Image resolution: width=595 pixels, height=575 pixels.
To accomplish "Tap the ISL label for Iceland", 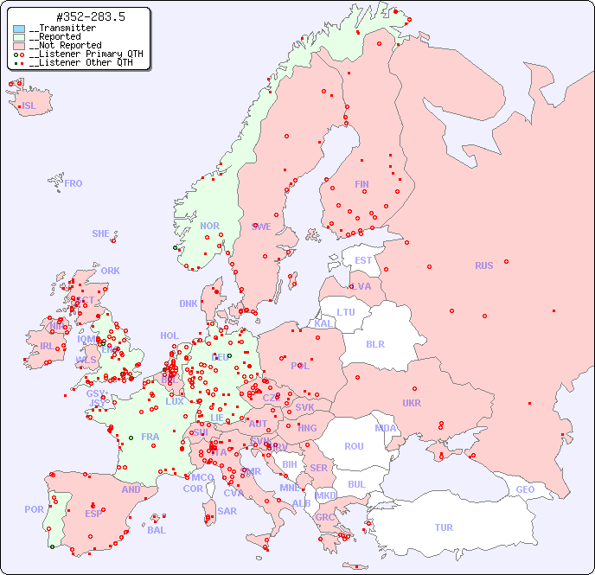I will tap(29, 106).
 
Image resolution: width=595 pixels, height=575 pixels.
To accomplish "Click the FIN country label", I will tap(361, 184).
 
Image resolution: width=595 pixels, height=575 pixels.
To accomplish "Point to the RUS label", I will tap(483, 265).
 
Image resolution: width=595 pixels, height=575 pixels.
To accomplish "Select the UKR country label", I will tap(412, 403).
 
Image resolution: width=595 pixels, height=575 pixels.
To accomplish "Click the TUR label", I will tap(444, 527).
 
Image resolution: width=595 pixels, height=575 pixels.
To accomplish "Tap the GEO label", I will tap(525, 489).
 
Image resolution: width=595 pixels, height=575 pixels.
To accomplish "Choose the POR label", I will tap(34, 509).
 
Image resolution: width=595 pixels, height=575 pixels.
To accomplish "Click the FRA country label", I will tap(150, 437).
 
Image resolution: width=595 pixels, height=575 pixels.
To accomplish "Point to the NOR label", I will tap(210, 226).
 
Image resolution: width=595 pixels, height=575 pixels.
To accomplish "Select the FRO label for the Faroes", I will tap(74, 183).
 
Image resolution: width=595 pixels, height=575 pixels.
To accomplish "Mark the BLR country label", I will tap(375, 343).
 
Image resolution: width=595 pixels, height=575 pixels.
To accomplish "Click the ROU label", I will tap(354, 446).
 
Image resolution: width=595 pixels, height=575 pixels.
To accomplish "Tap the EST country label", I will tap(363, 260).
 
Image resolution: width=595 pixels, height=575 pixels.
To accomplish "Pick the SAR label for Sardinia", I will tap(227, 511).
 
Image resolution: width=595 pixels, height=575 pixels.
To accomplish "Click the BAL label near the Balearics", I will tap(157, 530).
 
